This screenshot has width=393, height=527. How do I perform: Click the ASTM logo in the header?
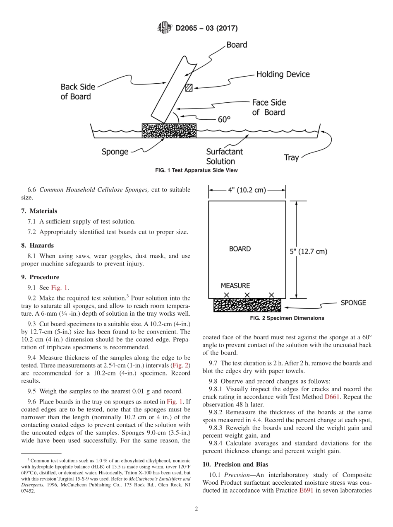click(x=165, y=28)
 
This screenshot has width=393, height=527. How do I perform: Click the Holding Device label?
click(x=283, y=75)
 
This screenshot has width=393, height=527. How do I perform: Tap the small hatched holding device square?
click(x=189, y=88)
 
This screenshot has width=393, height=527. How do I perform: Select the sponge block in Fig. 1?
click(x=169, y=130)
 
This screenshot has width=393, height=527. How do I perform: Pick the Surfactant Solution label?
click(x=224, y=157)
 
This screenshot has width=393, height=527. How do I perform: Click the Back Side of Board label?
click(x=78, y=92)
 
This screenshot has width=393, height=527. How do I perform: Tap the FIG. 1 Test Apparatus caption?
click(x=196, y=170)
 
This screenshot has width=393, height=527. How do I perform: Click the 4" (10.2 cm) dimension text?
click(x=247, y=191)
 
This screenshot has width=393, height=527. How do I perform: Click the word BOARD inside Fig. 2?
click(x=240, y=249)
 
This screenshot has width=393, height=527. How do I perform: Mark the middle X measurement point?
click(x=247, y=295)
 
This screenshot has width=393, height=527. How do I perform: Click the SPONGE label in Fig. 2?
click(x=353, y=303)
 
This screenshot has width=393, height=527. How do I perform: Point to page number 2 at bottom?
click(x=196, y=509)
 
